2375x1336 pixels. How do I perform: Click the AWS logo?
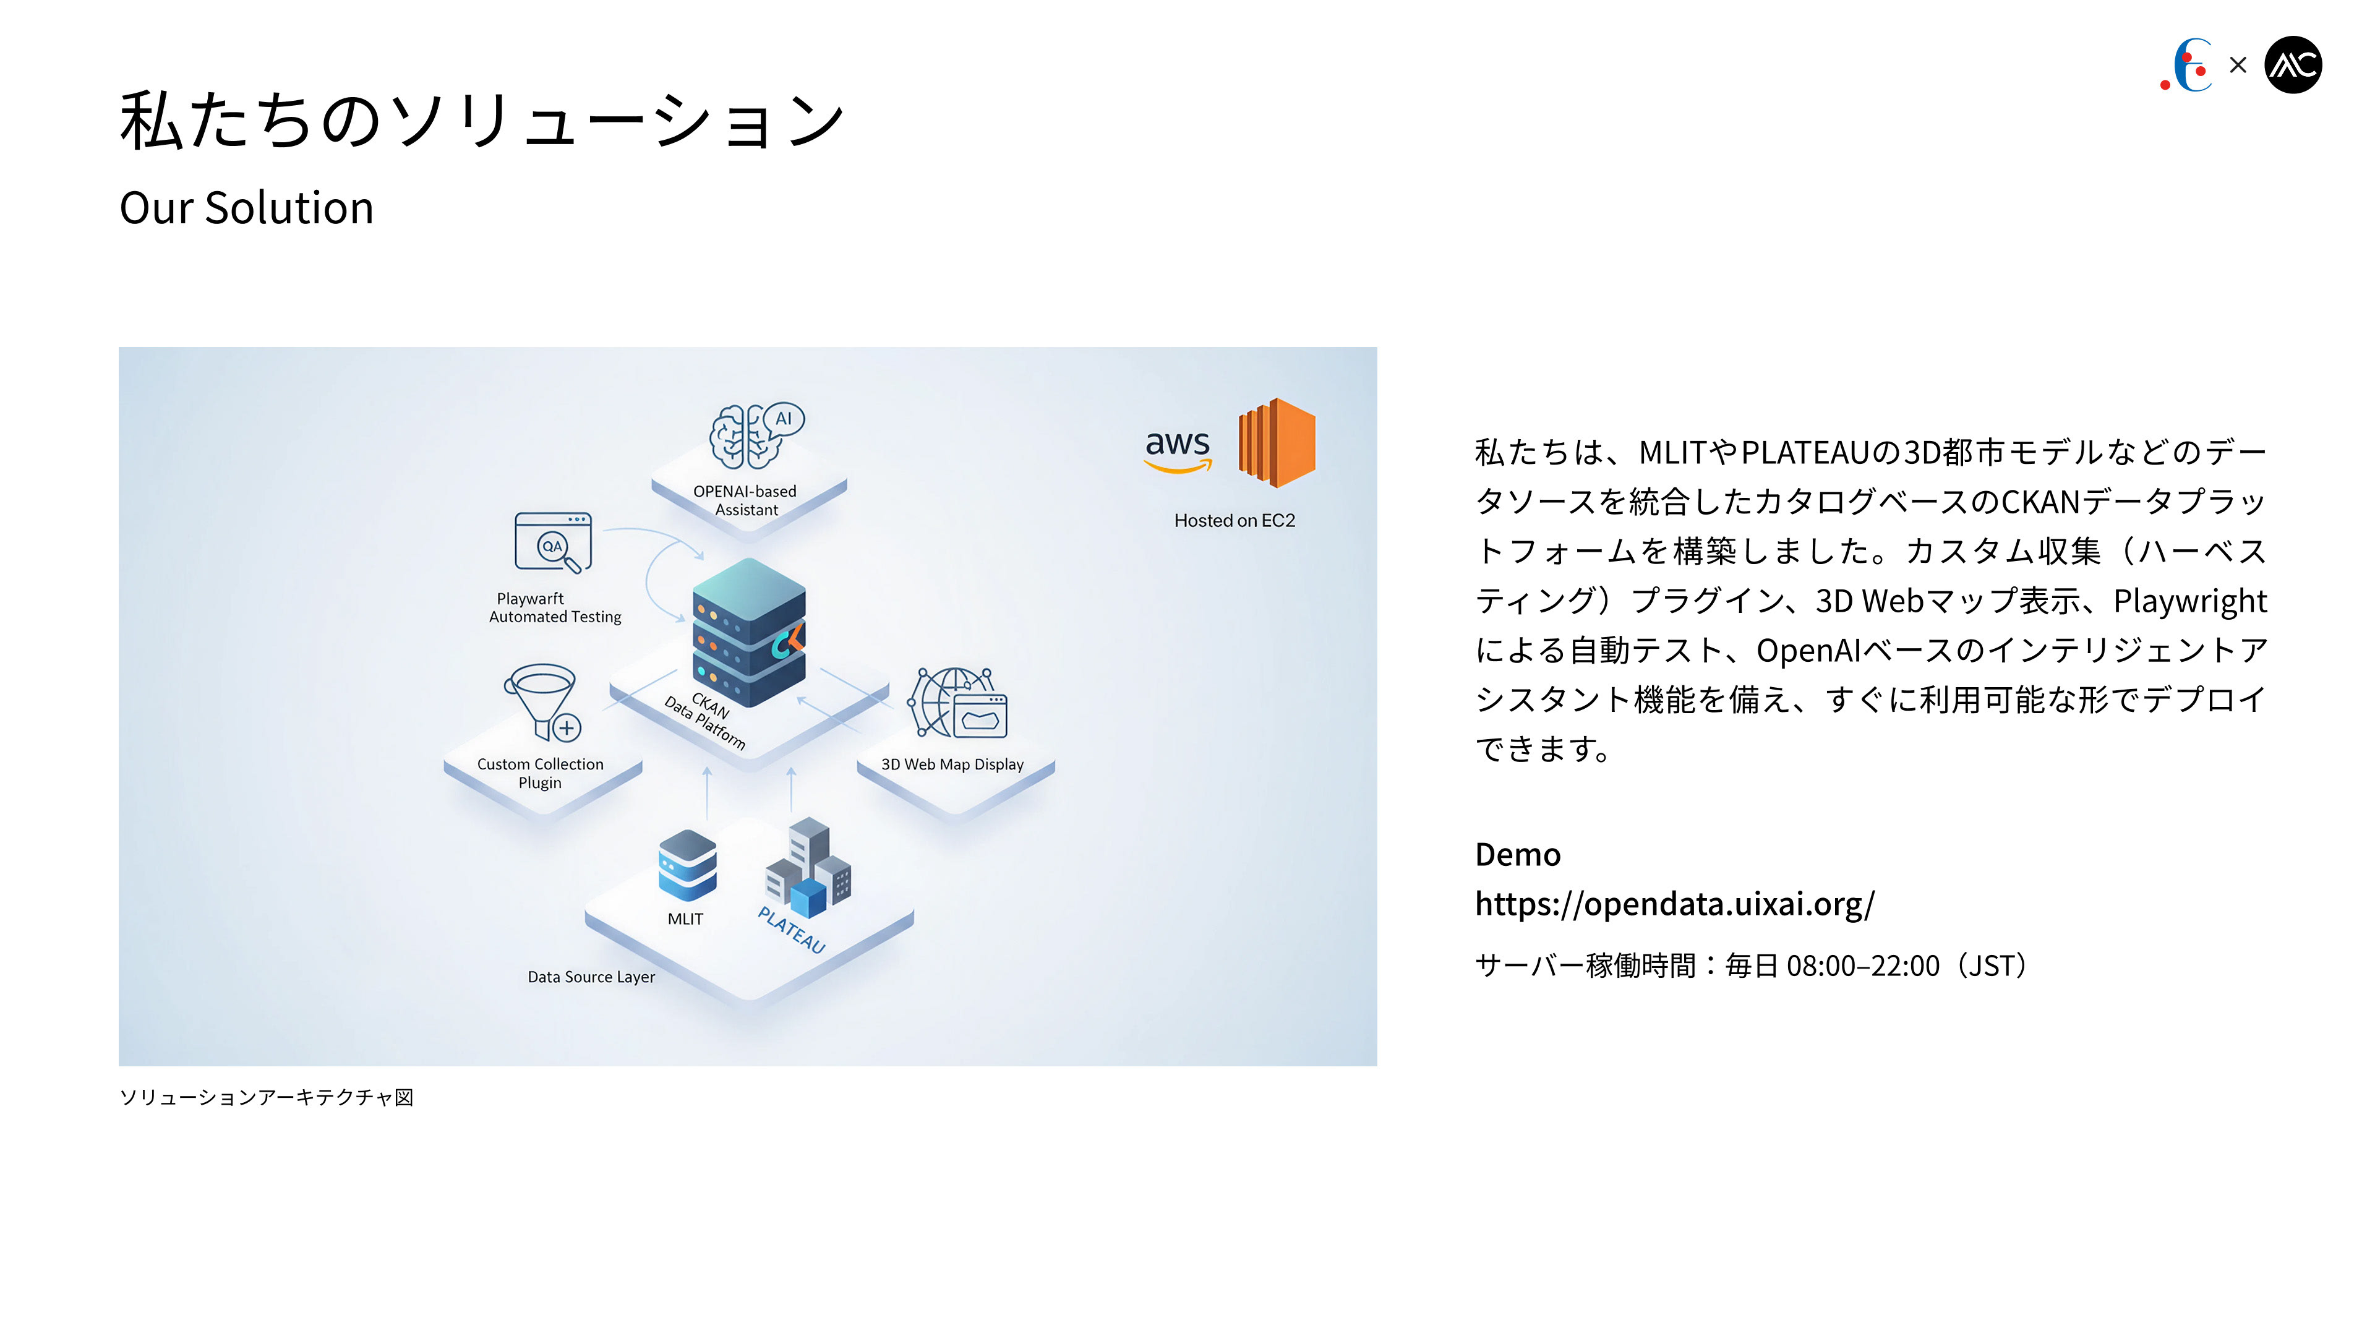(1178, 450)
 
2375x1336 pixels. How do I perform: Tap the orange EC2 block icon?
(1277, 443)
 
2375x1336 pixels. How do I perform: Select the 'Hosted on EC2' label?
(1235, 521)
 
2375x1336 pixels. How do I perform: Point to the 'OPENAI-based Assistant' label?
(746, 500)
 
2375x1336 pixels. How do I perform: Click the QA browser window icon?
(552, 542)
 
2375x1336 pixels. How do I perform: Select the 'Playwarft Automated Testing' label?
(554, 607)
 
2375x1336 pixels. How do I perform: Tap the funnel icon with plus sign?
(543, 701)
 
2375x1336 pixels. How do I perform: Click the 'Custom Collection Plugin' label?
(541, 773)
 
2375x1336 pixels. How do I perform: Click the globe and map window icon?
(958, 703)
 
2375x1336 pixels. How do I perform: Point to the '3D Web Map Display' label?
(952, 764)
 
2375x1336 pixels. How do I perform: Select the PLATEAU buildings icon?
(808, 868)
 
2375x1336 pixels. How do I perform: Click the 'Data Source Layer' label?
(591, 977)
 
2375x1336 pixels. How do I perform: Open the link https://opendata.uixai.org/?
(1674, 904)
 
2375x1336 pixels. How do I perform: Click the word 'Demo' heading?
(1518, 855)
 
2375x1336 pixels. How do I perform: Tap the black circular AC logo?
(2293, 64)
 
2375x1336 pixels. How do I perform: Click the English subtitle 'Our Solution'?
(246, 207)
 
